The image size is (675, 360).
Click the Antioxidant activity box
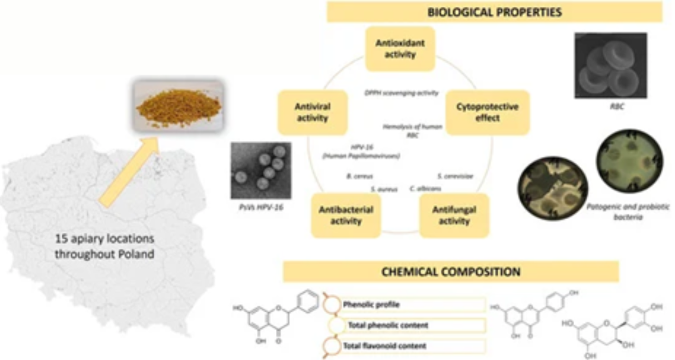click(x=400, y=49)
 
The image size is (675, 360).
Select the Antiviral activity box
click(x=312, y=112)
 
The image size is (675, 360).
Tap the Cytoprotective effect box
click(x=487, y=112)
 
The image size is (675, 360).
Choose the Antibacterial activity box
click(x=346, y=215)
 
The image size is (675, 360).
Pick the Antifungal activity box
click(x=454, y=215)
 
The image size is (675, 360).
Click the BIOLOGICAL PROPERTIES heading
click(x=494, y=13)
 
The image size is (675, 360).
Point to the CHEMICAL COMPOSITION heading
click(x=451, y=272)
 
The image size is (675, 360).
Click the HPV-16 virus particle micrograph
click(x=260, y=170)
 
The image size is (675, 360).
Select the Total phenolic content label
click(x=388, y=325)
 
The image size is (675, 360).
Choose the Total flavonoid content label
click(x=384, y=346)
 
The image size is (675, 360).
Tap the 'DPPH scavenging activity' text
click(x=401, y=93)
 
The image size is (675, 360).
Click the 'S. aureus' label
click(x=384, y=189)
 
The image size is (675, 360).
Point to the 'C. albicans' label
click(x=425, y=189)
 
